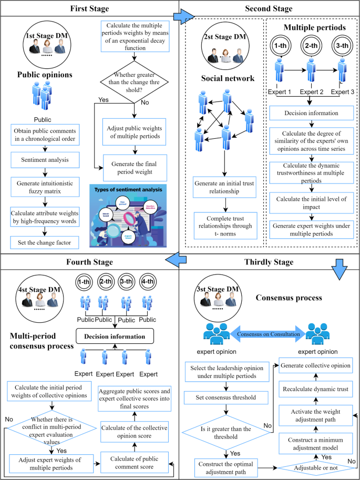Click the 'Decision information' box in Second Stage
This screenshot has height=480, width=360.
coord(311,112)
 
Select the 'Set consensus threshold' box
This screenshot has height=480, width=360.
coord(226,397)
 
